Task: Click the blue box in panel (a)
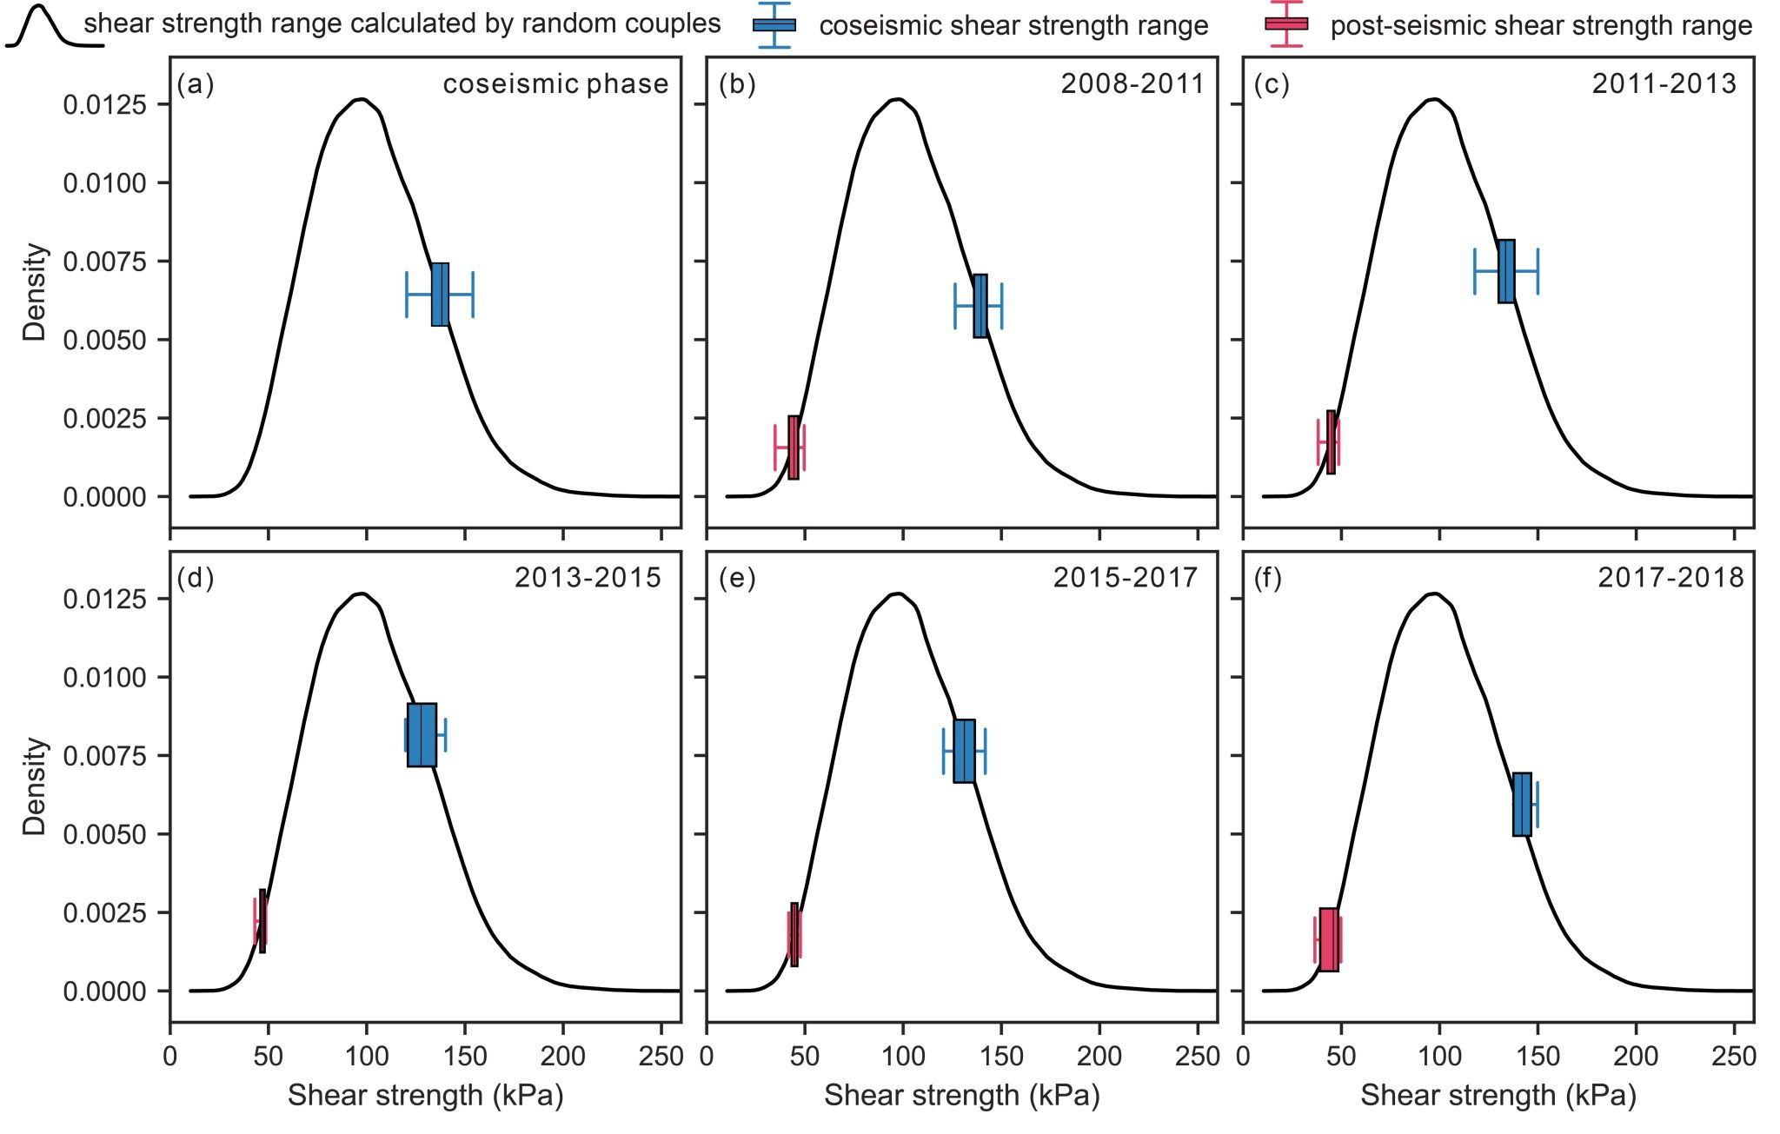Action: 440,295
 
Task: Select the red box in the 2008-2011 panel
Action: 794,448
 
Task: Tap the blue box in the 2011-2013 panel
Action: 1506,271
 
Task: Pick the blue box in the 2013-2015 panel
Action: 422,735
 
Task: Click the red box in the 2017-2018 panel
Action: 1329,939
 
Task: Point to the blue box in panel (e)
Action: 964,752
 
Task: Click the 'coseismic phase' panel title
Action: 555,84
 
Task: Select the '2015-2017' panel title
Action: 1126,578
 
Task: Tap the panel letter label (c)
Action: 1271,84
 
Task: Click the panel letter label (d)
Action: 196,578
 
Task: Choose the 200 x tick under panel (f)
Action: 1636,1057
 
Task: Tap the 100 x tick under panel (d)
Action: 367,1057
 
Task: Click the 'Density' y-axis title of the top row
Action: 35,292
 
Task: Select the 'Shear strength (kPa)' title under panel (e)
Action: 962,1096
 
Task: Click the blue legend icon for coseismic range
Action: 774,24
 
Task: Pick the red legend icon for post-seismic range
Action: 1286,23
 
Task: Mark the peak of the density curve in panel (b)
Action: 900,99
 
